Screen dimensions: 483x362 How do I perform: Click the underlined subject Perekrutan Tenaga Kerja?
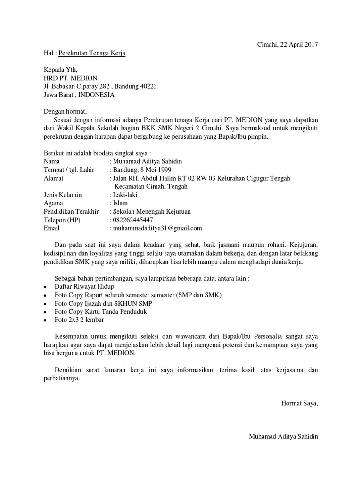tap(92, 54)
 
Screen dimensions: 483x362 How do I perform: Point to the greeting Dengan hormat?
tap(66, 112)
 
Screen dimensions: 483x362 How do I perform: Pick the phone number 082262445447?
tap(132, 220)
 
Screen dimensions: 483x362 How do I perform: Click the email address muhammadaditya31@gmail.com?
tap(157, 228)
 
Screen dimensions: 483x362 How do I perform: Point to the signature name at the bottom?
tap(283, 437)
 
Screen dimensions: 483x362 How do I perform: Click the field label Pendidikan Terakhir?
tap(71, 212)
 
